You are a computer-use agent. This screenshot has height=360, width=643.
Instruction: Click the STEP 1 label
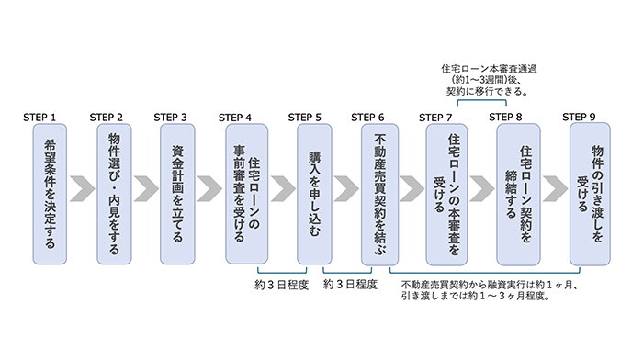point(40,118)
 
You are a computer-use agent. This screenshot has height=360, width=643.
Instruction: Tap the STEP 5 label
point(305,118)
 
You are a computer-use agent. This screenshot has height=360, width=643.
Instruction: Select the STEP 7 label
point(436,118)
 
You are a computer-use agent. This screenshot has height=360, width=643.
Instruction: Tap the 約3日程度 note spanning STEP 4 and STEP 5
point(281,286)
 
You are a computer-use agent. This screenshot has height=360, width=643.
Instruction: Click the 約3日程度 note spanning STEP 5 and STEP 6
point(350,286)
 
